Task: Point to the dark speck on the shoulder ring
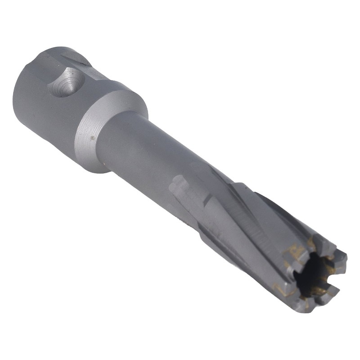[92, 138]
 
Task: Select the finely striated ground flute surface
[243, 225]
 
